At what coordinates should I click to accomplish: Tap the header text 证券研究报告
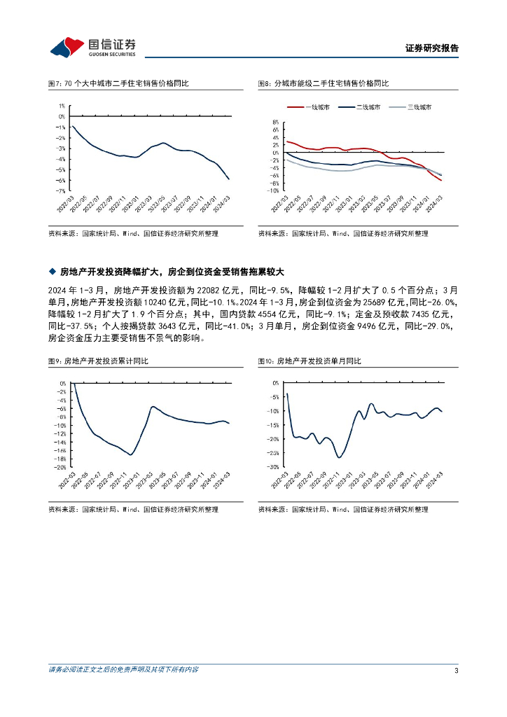pos(432,48)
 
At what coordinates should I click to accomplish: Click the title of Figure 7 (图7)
pos(118,83)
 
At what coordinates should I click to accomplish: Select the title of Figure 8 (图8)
pos(324,83)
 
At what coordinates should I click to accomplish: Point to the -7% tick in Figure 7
pos(62,190)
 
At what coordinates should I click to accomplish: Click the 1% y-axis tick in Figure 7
pos(62,106)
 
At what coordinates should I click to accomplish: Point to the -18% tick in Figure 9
pos(60,459)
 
